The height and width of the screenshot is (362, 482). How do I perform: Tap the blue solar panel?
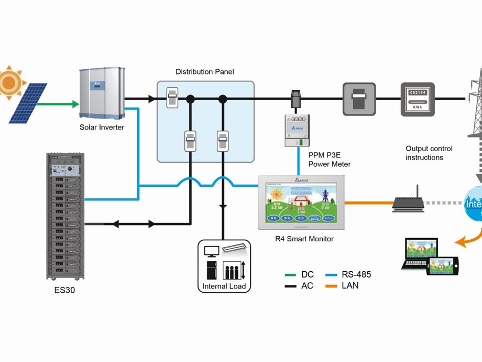(x=27, y=103)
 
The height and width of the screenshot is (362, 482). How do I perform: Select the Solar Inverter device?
(x=102, y=93)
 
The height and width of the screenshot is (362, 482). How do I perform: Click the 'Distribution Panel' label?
(x=205, y=72)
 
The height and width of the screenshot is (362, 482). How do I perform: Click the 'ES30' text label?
(x=65, y=289)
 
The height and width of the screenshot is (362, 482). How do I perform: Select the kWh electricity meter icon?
(x=418, y=99)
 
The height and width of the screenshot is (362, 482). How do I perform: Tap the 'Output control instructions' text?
(x=429, y=153)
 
